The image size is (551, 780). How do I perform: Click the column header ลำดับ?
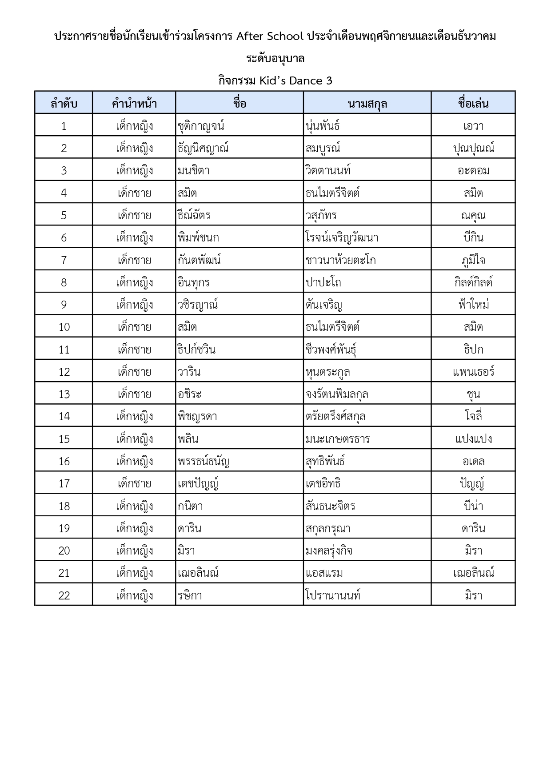coord(64,104)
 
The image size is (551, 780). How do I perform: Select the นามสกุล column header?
coord(367,104)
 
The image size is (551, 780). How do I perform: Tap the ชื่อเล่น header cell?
coord(473,104)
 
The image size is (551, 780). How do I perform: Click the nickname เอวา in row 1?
coord(473,126)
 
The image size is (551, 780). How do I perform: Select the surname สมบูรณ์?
coord(323,149)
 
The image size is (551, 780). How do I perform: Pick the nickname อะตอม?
coord(473,171)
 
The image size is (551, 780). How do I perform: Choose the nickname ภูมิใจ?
coord(473,260)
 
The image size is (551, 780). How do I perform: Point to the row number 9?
coord(64,305)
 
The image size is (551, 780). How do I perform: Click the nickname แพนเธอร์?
coord(473,372)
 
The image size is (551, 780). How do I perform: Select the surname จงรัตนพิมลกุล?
coord(337,394)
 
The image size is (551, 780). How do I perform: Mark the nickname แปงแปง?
coord(473,439)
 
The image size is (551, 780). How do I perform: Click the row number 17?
coord(64,483)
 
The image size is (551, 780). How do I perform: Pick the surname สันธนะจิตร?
coord(331,506)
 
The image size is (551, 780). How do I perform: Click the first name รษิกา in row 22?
coord(190,595)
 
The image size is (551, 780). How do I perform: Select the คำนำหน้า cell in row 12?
coord(134,372)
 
